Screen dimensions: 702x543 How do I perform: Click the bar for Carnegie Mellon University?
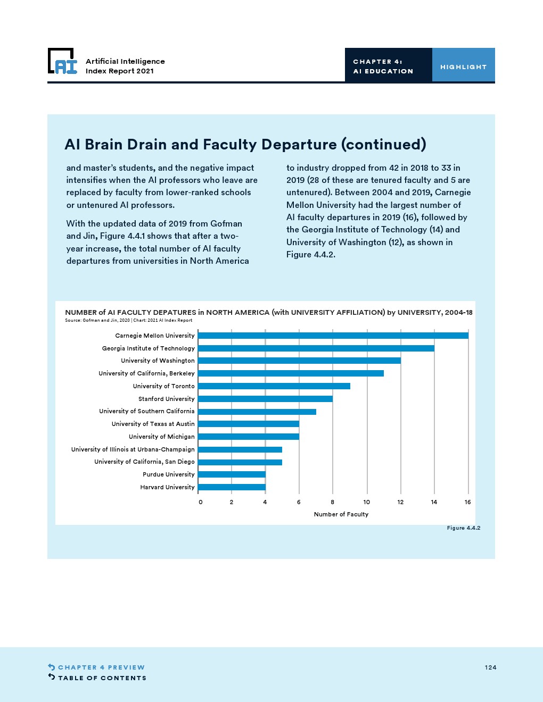pos(333,336)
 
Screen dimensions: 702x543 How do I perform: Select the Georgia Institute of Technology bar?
pos(316,348)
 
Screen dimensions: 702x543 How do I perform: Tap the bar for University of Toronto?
pos(274,386)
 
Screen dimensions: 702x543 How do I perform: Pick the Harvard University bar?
pos(232,487)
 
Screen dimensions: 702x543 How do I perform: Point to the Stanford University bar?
pos(265,399)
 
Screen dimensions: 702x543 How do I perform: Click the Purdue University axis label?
pos(168,474)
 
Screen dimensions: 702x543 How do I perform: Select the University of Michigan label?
pos(161,437)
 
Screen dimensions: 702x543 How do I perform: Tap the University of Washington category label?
pos(158,361)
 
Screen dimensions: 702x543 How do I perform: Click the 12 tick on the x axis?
pos(400,502)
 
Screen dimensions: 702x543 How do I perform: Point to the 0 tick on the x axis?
pos(200,502)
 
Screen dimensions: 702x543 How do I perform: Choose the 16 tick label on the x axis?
pos(467,502)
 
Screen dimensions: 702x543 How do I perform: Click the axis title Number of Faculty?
pos(341,514)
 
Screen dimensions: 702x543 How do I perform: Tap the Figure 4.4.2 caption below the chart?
pos(463,528)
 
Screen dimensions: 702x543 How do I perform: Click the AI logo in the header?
pos(63,62)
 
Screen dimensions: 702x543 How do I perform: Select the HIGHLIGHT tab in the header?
pos(463,67)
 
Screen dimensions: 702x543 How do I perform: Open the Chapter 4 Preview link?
pos(101,667)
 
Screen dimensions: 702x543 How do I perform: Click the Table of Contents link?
pos(102,678)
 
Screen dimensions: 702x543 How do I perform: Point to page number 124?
pos(490,667)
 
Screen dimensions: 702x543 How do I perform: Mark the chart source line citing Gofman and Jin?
pos(128,320)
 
